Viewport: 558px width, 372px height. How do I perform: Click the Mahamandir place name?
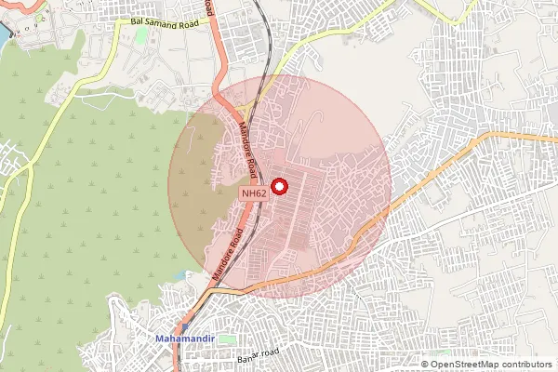(185, 339)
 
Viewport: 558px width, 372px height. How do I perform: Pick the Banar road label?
(258, 356)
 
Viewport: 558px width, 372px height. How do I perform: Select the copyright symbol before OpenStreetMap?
(426, 364)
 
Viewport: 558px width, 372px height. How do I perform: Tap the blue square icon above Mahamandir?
(183, 326)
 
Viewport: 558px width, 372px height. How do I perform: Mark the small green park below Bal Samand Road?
(141, 34)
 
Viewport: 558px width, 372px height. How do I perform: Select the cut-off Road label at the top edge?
(206, 7)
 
